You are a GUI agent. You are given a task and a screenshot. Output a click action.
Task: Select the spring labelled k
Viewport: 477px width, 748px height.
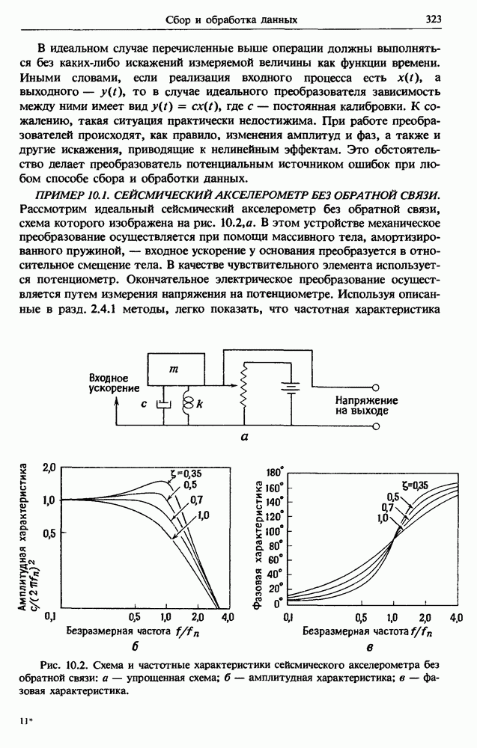[188, 405]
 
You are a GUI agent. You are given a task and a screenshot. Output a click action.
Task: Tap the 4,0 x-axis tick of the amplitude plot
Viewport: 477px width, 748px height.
[228, 616]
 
